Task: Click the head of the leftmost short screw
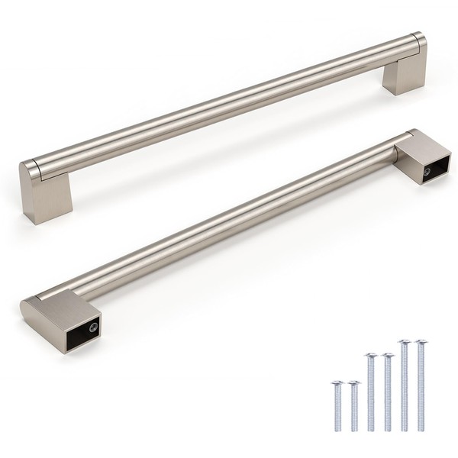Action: tap(337, 381)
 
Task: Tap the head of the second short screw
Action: tap(354, 382)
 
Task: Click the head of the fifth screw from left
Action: tap(404, 342)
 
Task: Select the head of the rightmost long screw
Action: tap(421, 342)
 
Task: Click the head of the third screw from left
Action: tap(371, 356)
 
